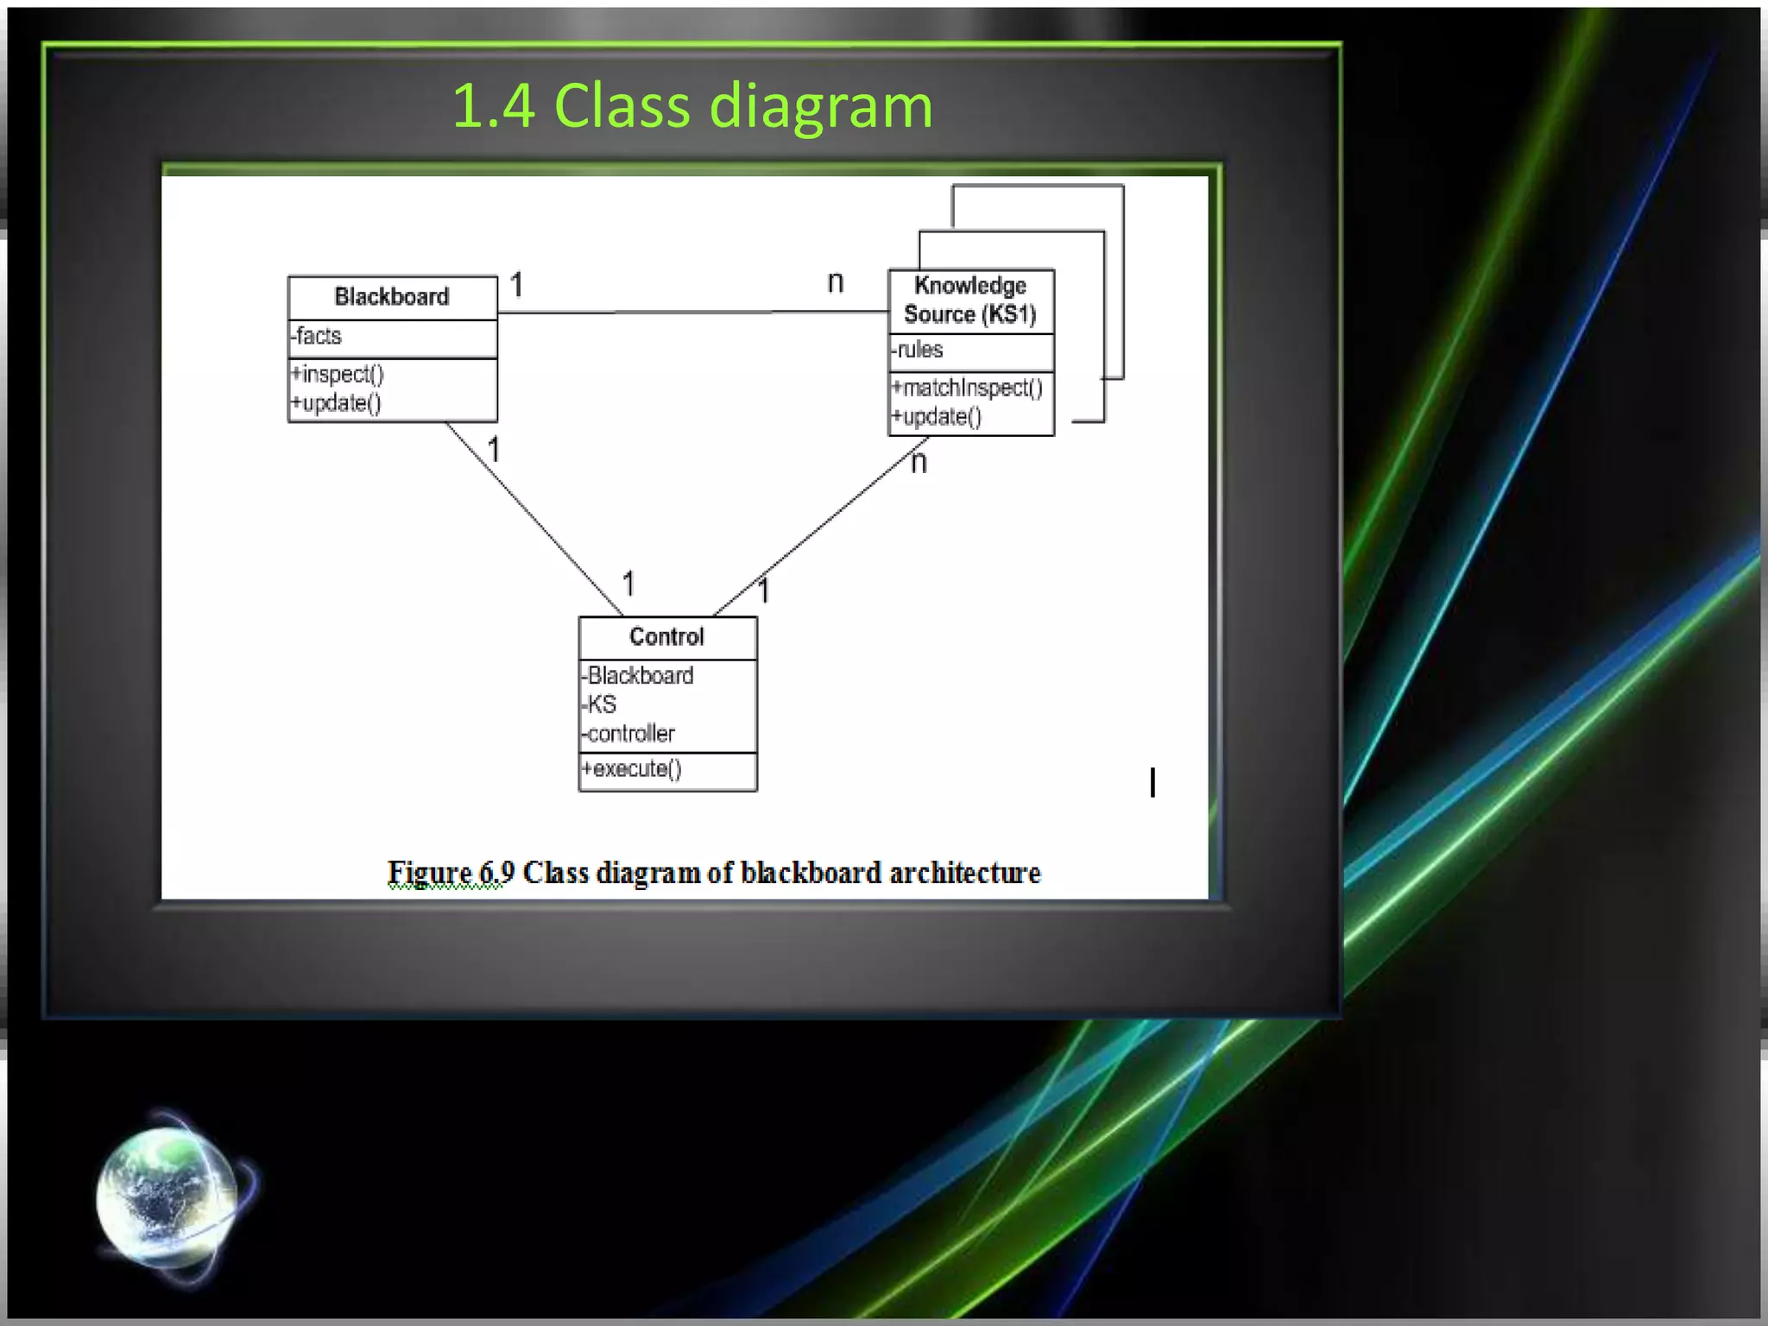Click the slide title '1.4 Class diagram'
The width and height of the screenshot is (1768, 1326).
tap(691, 106)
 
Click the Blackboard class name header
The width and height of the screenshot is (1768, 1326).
tap(392, 297)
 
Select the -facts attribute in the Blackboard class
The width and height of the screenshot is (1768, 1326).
tap(319, 336)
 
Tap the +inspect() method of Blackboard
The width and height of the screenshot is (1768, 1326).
tap(338, 375)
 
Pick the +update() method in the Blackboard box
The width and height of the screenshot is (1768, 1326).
tap(337, 403)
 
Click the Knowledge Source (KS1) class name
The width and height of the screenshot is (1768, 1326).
tap(970, 300)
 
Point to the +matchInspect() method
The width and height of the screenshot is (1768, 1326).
tap(968, 388)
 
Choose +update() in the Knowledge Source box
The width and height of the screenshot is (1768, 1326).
tap(938, 417)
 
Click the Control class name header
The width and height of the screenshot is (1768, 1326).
tap(666, 637)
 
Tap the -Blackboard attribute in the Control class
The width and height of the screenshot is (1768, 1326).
tap(639, 676)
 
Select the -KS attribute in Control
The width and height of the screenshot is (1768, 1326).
tap(601, 704)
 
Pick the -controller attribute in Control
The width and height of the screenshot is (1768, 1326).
tap(629, 734)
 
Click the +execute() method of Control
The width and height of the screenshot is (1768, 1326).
tap(633, 769)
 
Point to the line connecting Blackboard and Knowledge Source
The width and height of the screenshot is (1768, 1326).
tap(691, 312)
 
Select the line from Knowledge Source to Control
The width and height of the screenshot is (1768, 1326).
tap(820, 527)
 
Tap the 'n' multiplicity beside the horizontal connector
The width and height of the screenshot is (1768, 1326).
tap(835, 282)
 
